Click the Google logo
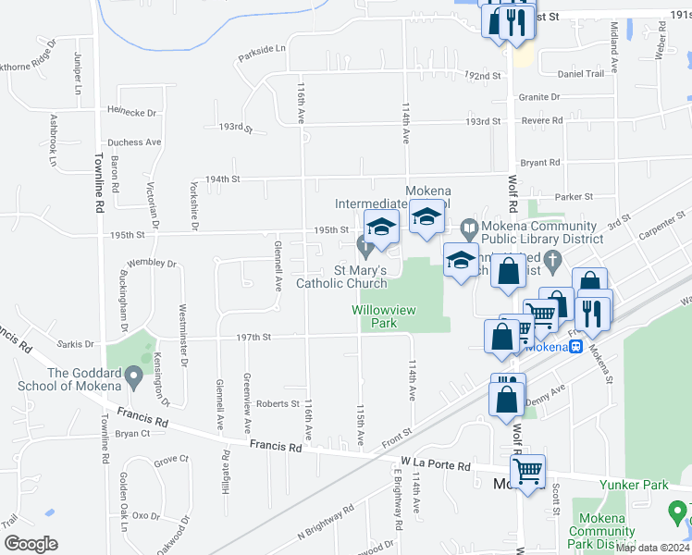pyautogui.click(x=31, y=544)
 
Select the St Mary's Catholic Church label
pyautogui.click(x=341, y=277)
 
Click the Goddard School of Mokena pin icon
pyautogui.click(x=133, y=376)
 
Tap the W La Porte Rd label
pyautogui.click(x=435, y=464)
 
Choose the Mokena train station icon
pyautogui.click(x=575, y=346)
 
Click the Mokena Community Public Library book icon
pyautogui.click(x=469, y=227)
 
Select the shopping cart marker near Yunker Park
pyautogui.click(x=527, y=472)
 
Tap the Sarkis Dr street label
pyautogui.click(x=76, y=342)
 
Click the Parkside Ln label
pyautogui.click(x=262, y=48)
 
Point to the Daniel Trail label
pyautogui.click(x=580, y=73)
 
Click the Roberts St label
pyautogui.click(x=278, y=403)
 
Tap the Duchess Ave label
pyautogui.click(x=134, y=142)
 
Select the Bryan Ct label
pyautogui.click(x=132, y=433)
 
